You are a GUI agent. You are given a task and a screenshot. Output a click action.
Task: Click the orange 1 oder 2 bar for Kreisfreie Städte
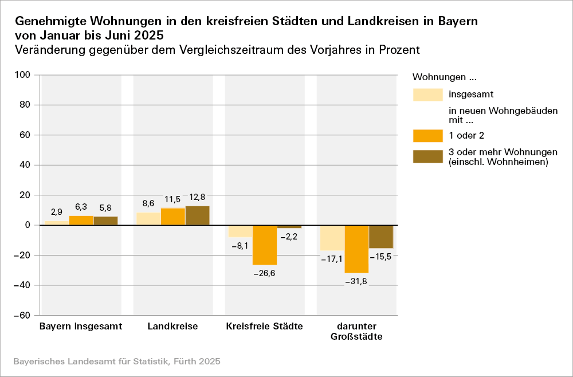pos(265,245)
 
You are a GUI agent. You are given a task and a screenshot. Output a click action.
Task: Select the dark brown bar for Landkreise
pos(197,215)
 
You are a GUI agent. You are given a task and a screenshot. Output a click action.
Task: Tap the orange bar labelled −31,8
pos(356,249)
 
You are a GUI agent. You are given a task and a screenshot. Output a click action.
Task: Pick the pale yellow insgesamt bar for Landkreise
pos(148,219)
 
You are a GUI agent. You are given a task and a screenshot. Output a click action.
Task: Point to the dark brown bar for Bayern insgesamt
pos(105,221)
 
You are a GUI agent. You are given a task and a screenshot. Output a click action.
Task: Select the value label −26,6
pos(265,273)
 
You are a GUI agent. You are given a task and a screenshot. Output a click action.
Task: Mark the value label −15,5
pos(381,257)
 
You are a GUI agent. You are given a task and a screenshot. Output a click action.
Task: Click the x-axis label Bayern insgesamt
pos(81,327)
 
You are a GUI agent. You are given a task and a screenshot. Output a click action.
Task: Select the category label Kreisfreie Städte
pos(265,327)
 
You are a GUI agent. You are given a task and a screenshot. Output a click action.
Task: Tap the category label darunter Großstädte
pos(356,331)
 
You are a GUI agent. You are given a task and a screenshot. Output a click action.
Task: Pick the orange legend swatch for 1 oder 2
pos(427,136)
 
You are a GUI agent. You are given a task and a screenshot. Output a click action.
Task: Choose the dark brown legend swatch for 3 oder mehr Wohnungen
pos(427,156)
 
